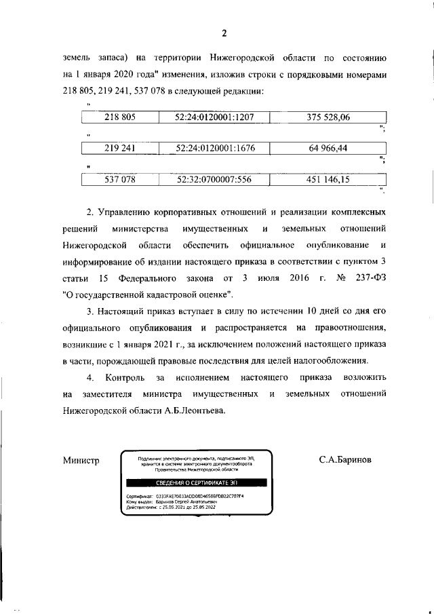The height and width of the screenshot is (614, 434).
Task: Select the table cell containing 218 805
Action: (120, 117)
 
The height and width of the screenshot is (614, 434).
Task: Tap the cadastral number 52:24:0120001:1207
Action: (214, 117)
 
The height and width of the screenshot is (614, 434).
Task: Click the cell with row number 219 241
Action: (120, 148)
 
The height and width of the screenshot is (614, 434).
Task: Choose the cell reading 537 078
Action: (120, 179)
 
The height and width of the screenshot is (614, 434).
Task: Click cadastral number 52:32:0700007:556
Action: (214, 179)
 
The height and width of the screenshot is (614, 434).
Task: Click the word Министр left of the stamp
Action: (81, 461)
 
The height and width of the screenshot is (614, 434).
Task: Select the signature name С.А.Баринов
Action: (345, 461)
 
